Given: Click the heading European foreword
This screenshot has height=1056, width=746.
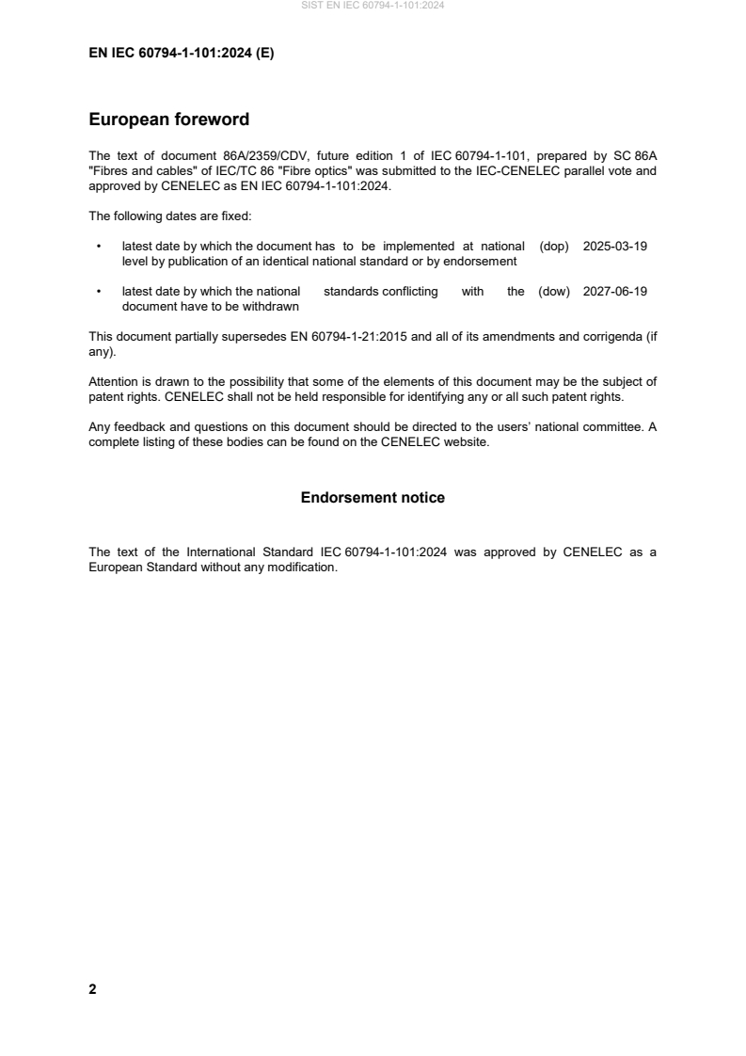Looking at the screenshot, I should click(168, 120).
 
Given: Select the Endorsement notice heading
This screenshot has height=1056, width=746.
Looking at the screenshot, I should click(373, 497).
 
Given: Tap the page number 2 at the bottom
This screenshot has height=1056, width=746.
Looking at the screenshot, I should click(92, 989).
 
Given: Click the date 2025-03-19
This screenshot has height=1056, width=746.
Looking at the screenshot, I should click(615, 247).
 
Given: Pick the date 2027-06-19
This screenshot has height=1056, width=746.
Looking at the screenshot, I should click(615, 292).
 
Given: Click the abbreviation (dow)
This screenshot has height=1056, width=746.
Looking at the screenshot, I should click(554, 292).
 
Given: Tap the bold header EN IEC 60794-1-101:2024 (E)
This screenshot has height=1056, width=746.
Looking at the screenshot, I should click(181, 54).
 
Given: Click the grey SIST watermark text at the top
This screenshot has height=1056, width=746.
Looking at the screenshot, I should click(373, 5).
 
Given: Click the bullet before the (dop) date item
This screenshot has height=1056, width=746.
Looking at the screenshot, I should click(99, 247).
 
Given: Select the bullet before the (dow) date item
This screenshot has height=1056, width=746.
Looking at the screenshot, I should click(99, 292).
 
